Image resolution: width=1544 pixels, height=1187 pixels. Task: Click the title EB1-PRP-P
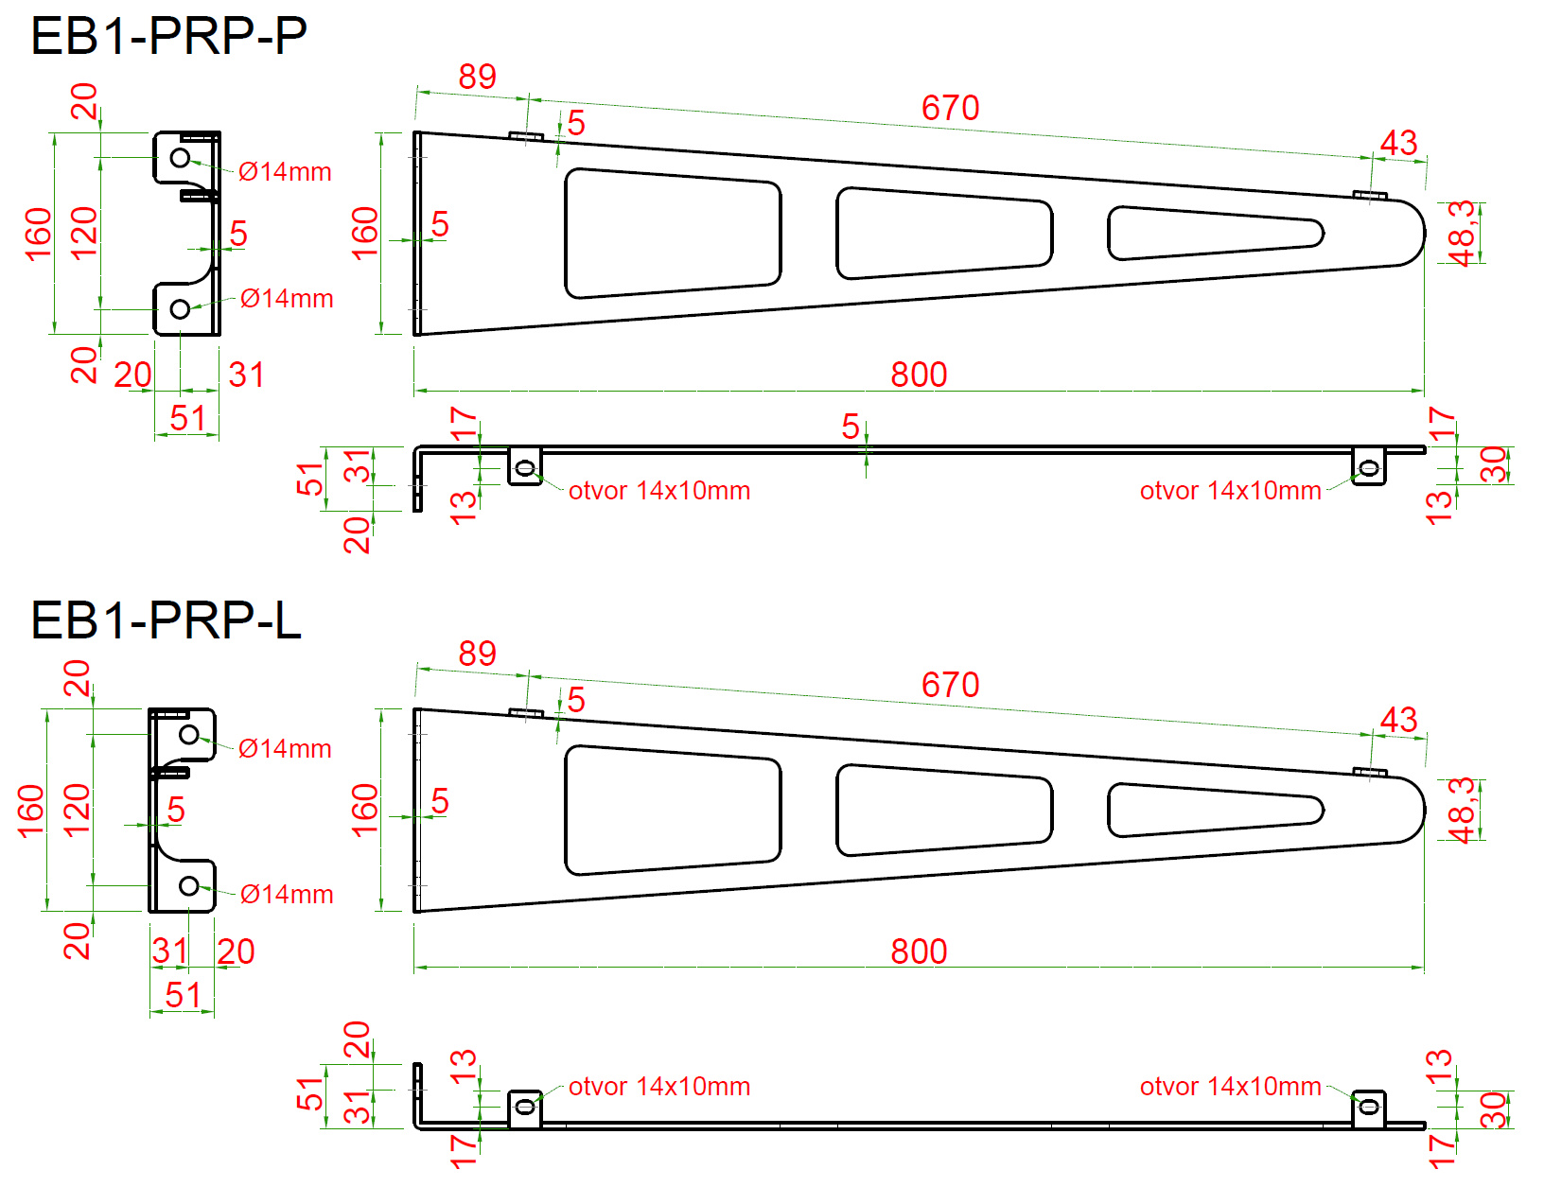168,36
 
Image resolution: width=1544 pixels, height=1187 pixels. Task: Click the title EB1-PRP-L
166,620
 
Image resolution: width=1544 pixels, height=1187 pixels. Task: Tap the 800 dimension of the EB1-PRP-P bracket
919,375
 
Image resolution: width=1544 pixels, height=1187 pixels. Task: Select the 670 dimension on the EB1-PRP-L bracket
950,685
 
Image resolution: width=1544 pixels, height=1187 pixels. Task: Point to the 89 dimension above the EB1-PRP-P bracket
477,77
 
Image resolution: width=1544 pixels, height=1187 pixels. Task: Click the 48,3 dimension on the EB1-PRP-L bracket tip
1463,810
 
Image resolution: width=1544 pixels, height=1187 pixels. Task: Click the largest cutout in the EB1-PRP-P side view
672,233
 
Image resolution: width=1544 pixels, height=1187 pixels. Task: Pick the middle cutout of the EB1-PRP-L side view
944,810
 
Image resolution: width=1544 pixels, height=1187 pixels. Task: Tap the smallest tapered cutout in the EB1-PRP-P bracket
1215,233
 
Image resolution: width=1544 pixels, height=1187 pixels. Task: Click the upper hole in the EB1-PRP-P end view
180,158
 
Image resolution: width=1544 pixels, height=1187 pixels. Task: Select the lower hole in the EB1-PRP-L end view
189,886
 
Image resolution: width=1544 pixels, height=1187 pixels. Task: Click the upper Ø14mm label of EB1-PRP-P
285,172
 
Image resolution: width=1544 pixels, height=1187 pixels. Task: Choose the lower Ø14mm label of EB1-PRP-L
287,895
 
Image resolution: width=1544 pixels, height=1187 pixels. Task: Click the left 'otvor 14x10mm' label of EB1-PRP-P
659,491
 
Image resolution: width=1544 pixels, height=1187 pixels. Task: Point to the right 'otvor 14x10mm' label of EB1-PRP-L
1230,1087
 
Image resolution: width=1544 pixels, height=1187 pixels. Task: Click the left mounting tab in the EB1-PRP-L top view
525,1108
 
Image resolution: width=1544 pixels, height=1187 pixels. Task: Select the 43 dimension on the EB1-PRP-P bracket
1398,143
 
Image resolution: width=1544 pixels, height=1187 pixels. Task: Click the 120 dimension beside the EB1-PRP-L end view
77,811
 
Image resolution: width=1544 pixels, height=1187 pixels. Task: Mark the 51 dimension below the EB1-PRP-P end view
187,418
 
